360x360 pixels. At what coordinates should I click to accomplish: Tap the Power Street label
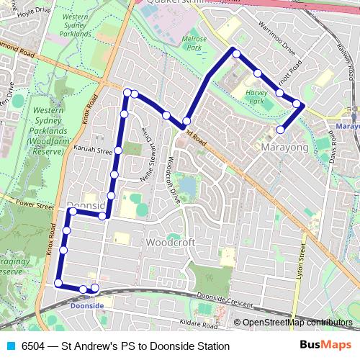pyautogui.click(x=35, y=205)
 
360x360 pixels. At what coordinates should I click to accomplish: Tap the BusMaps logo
pyautogui.click(x=325, y=346)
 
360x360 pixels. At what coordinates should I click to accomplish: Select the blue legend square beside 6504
pyautogui.click(x=10, y=346)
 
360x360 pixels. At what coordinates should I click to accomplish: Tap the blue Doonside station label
pyautogui.click(x=87, y=306)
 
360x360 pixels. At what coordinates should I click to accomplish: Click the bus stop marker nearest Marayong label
pyautogui.click(x=280, y=130)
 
